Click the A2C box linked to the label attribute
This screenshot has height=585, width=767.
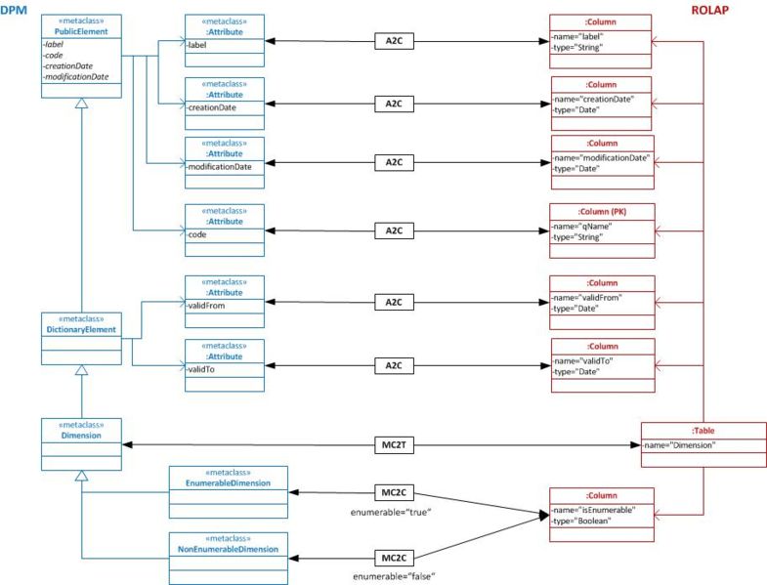point(394,42)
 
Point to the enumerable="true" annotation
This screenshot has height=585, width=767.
point(394,512)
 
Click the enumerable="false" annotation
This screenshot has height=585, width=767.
point(394,576)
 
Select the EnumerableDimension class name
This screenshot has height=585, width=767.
point(227,483)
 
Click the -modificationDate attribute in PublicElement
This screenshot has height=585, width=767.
point(76,76)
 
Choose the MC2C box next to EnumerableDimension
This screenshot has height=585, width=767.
point(394,493)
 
